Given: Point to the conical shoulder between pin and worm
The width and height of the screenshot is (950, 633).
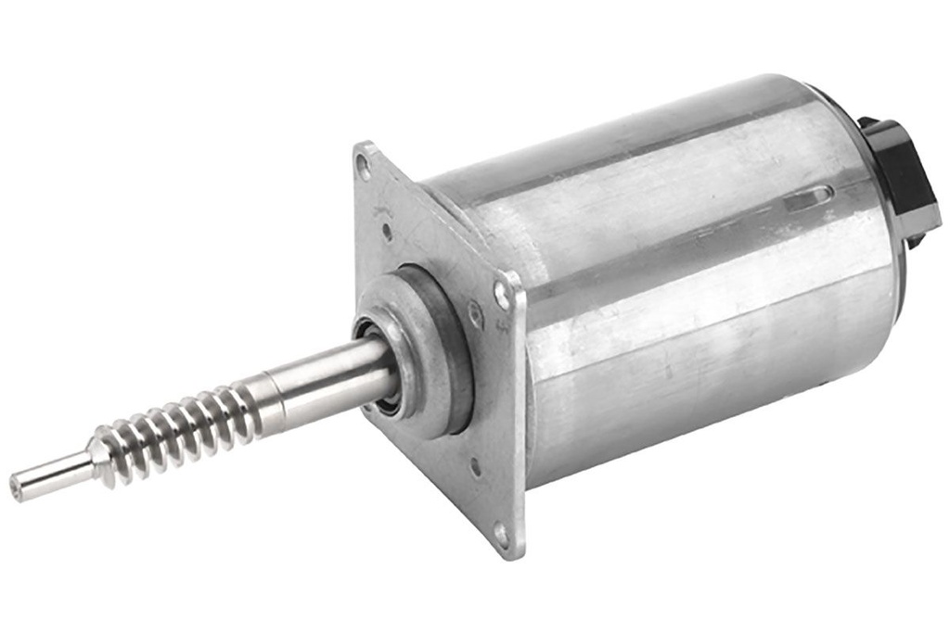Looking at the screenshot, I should tap(97, 455).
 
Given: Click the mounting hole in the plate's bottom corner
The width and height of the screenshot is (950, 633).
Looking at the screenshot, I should tap(500, 535).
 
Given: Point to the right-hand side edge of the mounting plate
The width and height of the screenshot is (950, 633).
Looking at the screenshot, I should tap(520, 417).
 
